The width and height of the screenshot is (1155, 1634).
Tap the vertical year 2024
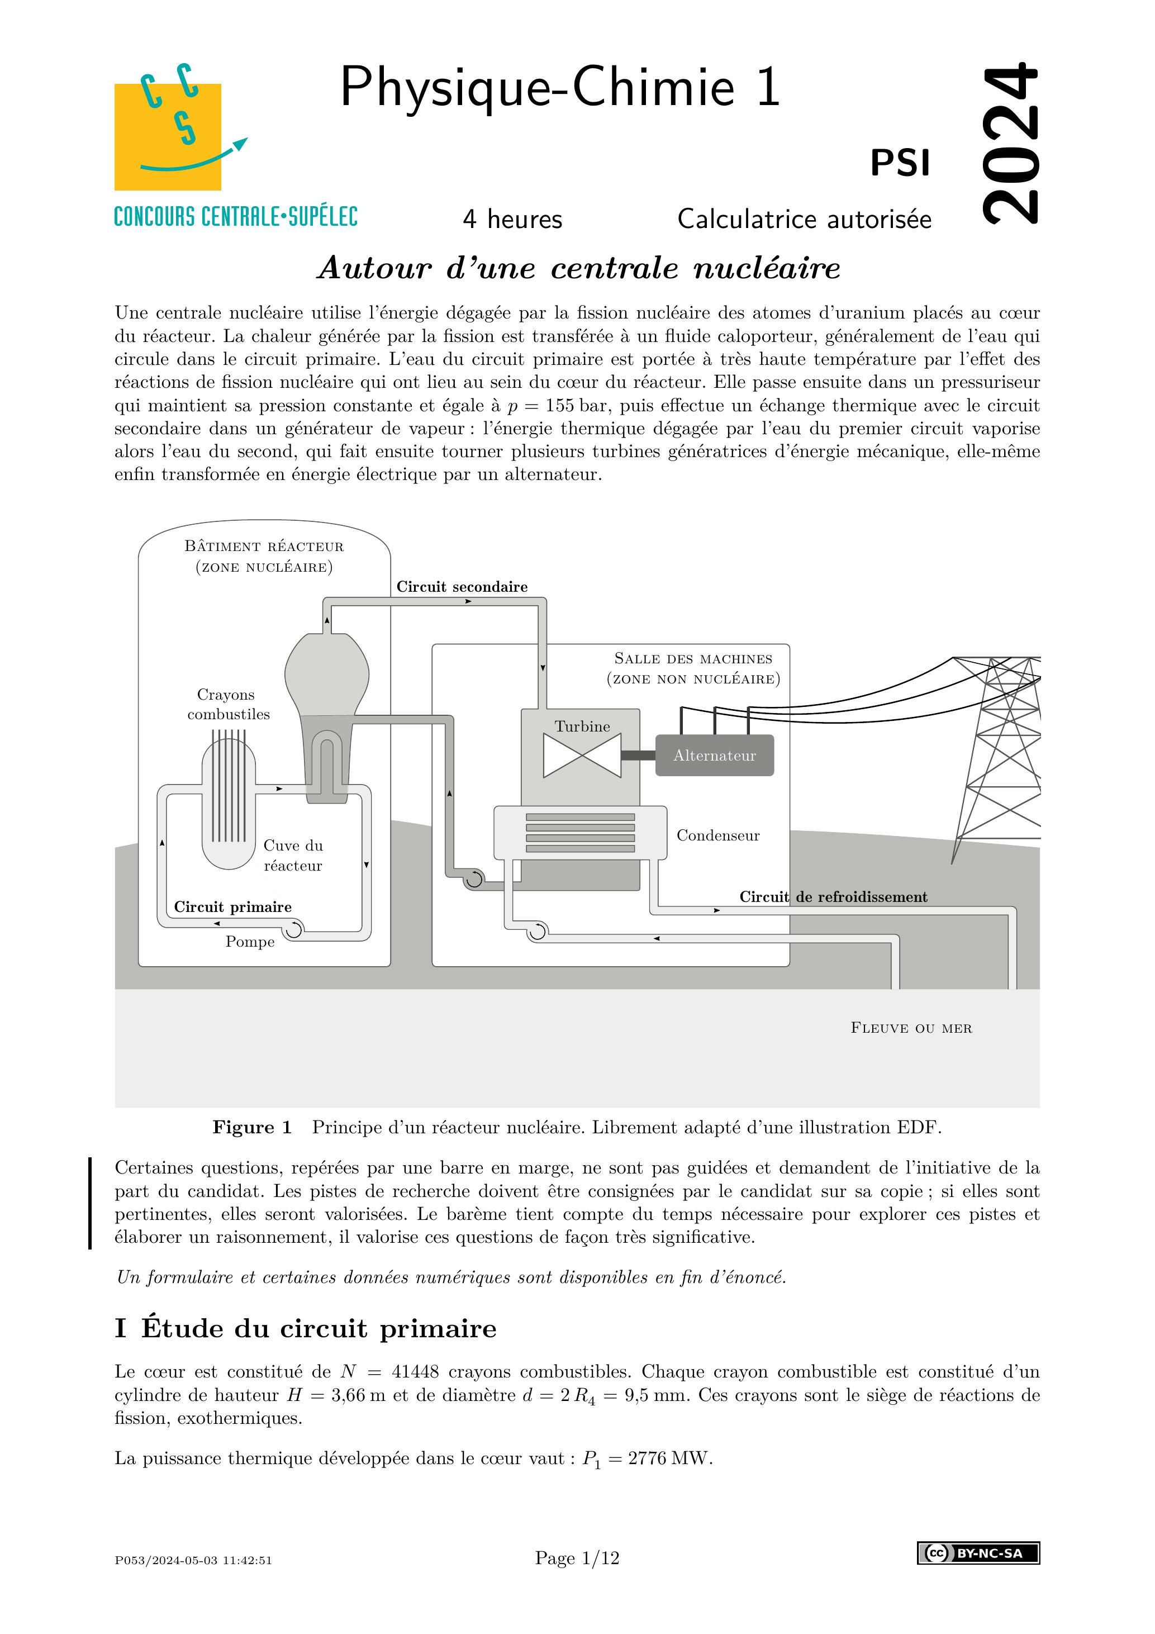[x=1010, y=142]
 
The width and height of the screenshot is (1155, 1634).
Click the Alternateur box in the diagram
[x=715, y=755]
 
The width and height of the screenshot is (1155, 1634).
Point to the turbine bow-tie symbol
[x=582, y=756]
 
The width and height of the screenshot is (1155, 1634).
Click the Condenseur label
[x=717, y=835]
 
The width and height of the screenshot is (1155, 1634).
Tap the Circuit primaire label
[x=232, y=906]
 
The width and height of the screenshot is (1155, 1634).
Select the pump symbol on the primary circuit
[x=293, y=928]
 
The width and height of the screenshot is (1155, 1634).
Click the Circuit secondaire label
[x=462, y=586]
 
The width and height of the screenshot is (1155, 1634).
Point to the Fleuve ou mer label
[x=911, y=1028]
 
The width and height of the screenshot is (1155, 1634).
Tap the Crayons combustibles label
[x=229, y=705]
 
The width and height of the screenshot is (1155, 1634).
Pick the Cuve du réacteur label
[x=292, y=856]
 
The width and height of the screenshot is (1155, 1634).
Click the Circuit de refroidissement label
[x=833, y=897]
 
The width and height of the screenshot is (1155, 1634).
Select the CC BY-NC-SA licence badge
[x=978, y=1553]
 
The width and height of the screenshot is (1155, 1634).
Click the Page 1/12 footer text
[x=577, y=1559]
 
